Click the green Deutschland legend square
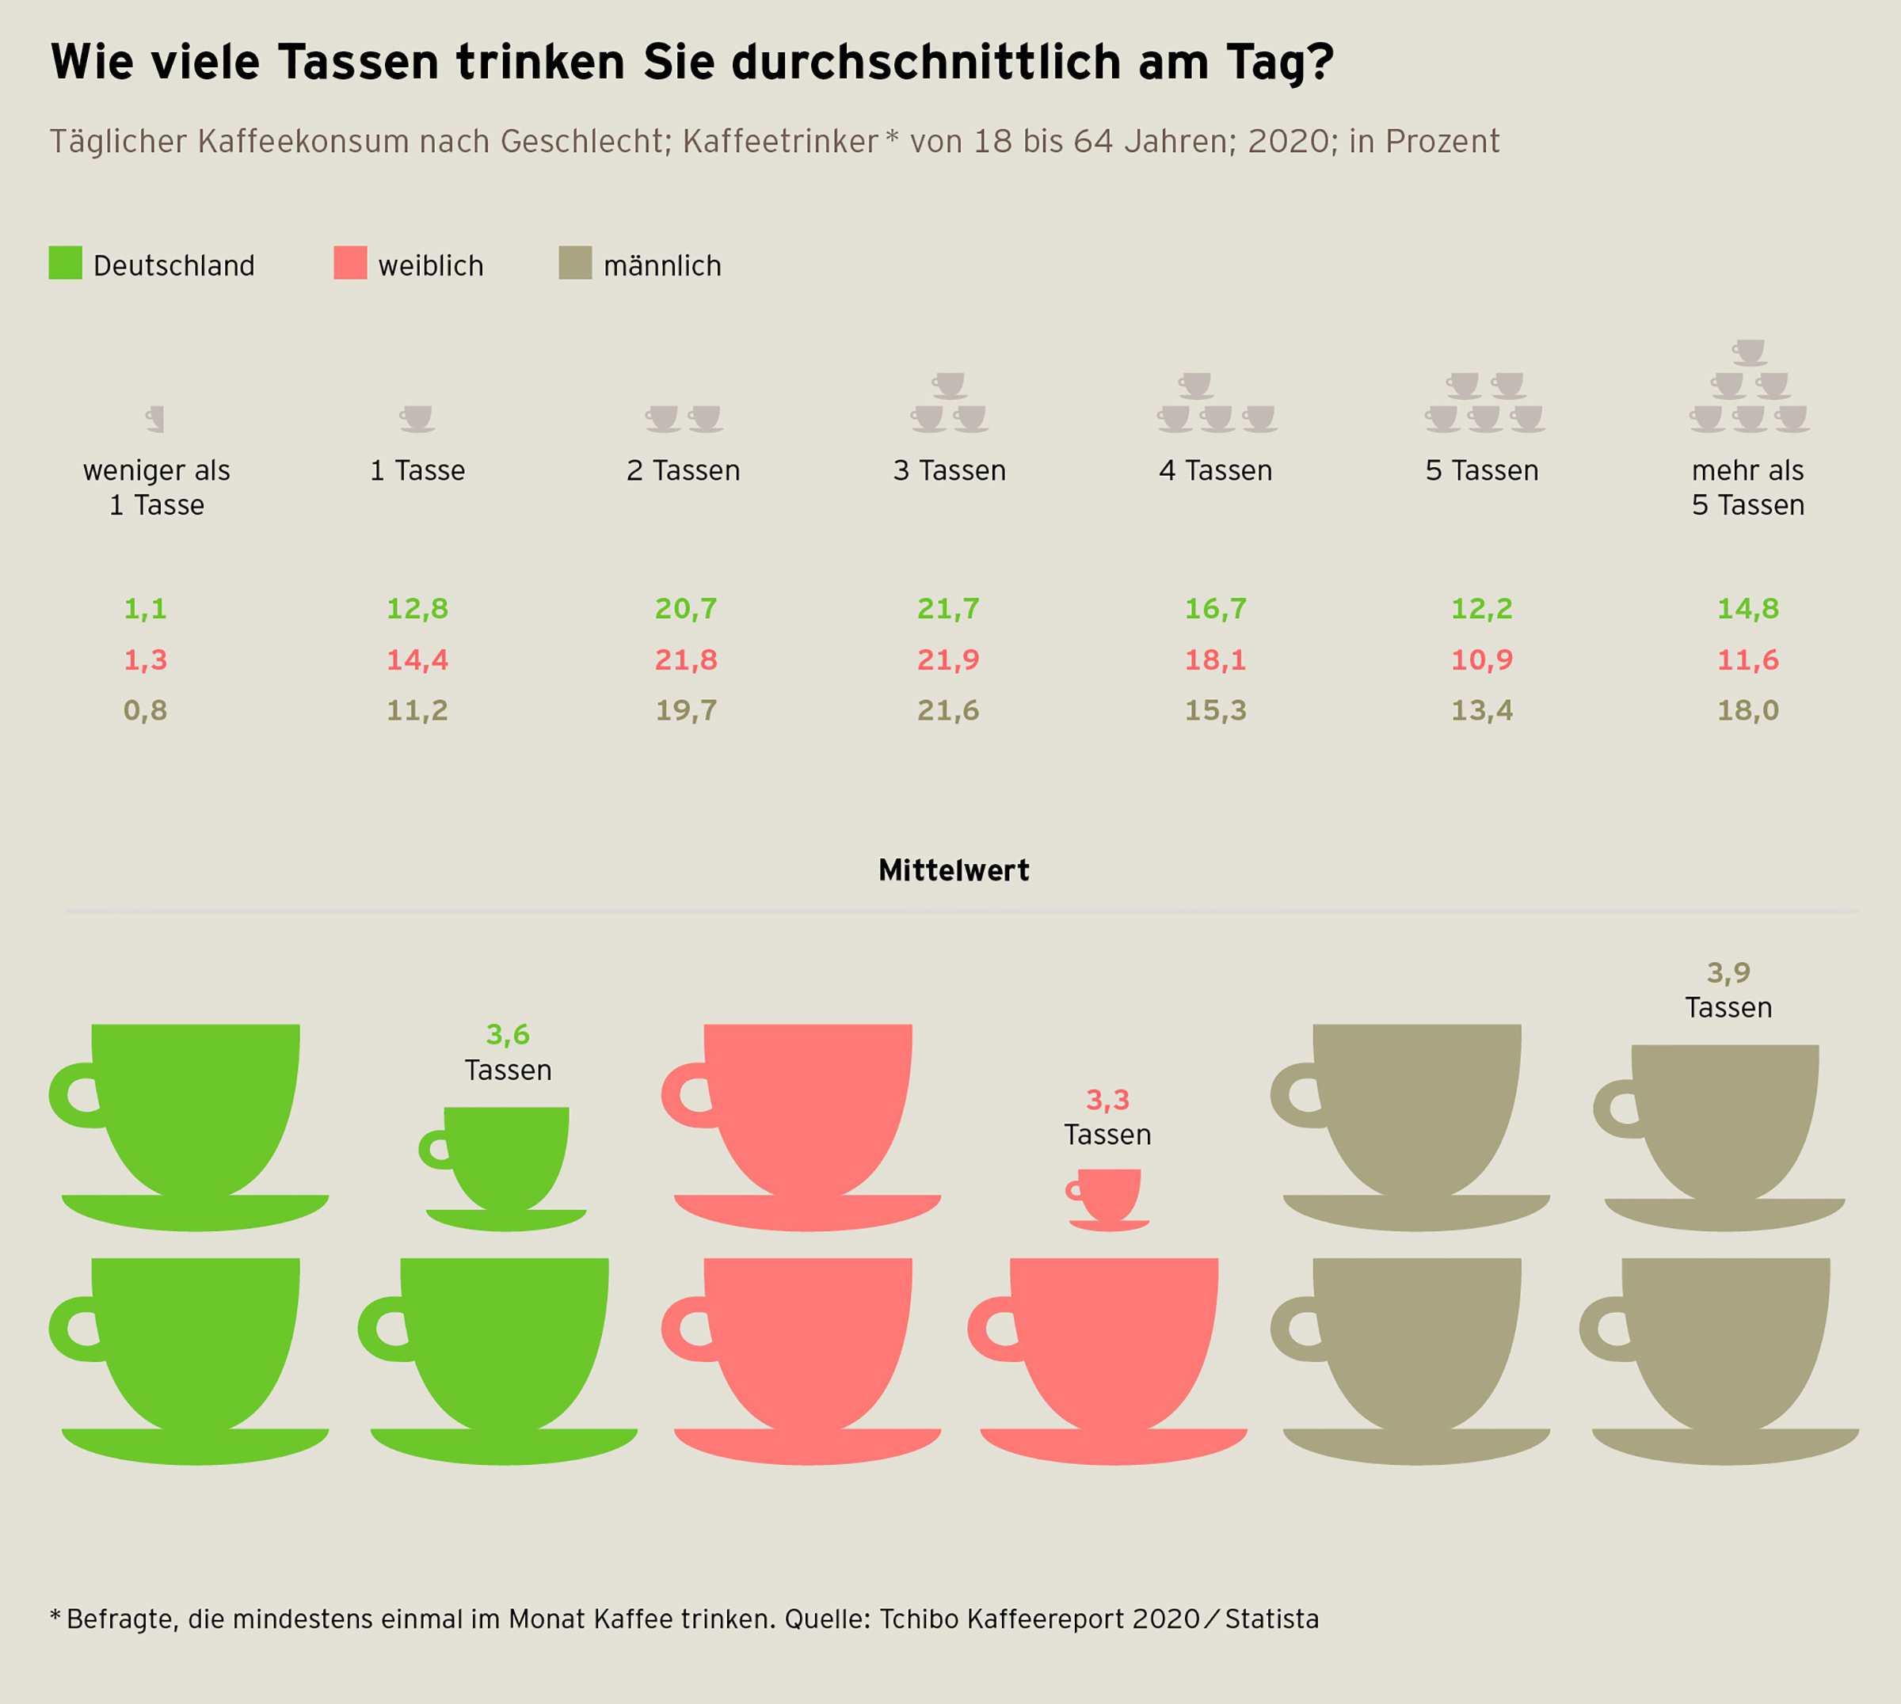tap(66, 263)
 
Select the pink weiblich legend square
tap(350, 263)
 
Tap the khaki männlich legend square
tap(575, 263)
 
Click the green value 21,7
tap(947, 610)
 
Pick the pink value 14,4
tap(417, 661)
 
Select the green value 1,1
tap(145, 610)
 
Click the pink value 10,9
tap(1481, 661)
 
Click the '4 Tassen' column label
tap(1216, 471)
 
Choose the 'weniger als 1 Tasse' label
tap(156, 488)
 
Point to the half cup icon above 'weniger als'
tap(156, 419)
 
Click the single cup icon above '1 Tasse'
tap(417, 419)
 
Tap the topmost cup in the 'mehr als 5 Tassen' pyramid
tap(1749, 352)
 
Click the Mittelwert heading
tap(954, 871)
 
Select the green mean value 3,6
tap(508, 1035)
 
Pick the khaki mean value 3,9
tap(1728, 974)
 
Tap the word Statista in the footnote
tap(1272, 1618)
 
